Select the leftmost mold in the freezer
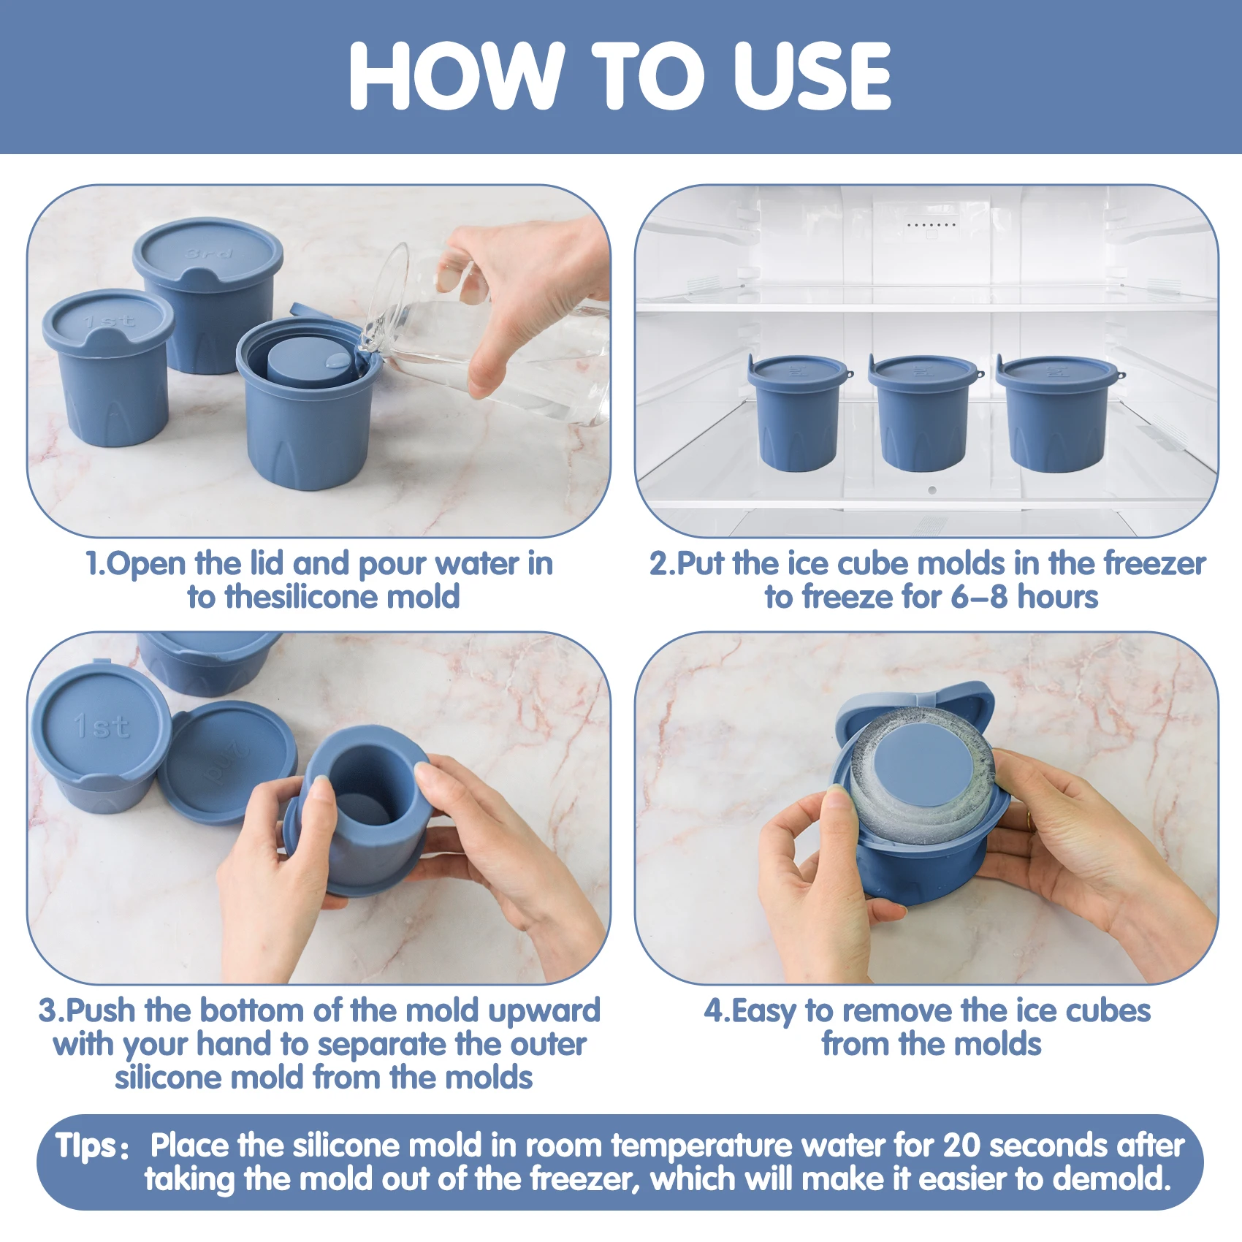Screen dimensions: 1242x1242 pos(799,413)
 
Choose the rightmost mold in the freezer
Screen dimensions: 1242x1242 pos(1058,413)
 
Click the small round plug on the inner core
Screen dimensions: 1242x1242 pos(337,360)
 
